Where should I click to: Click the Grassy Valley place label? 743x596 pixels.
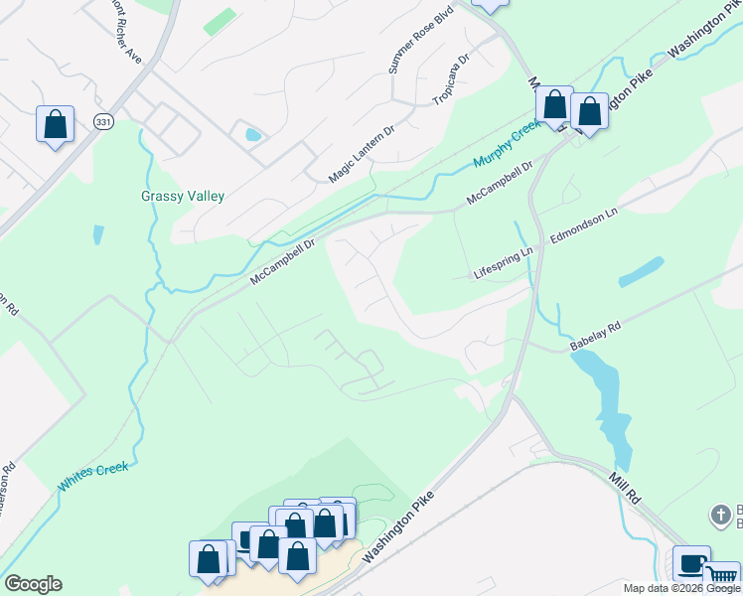(183, 197)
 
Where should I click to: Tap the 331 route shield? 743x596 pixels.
(103, 121)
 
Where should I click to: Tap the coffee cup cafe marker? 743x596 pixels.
(691, 564)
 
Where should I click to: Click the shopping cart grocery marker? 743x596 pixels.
(722, 577)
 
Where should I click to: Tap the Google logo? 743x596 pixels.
(33, 584)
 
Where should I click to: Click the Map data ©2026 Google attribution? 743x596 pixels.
(681, 588)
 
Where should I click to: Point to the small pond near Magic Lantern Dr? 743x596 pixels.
(252, 134)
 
